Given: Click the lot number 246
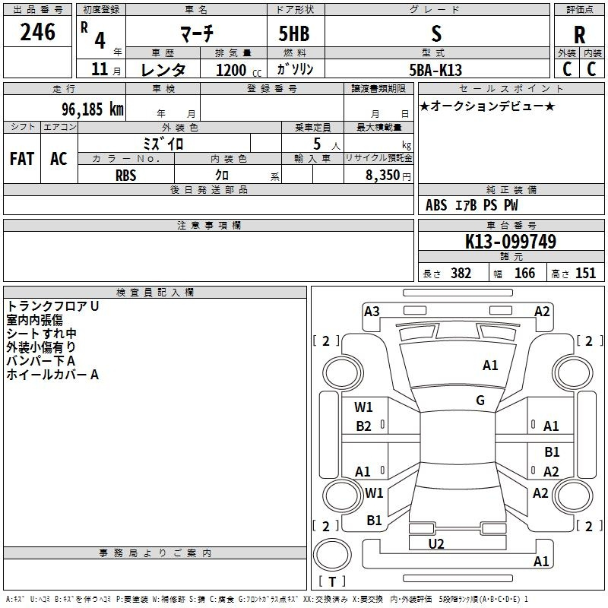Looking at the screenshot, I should click(x=38, y=33).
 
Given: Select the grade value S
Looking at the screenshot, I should click(x=435, y=33).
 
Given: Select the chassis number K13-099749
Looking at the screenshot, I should click(x=511, y=242).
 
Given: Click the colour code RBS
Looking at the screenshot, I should click(x=126, y=175).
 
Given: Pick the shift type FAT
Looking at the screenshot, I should click(x=22, y=159).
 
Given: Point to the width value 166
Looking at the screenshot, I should click(x=524, y=274).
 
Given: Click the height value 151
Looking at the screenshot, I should click(x=585, y=274).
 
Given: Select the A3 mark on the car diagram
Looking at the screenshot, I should click(x=372, y=311).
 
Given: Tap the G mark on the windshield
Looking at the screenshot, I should click(x=480, y=401).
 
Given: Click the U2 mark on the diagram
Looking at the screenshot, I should click(x=436, y=543).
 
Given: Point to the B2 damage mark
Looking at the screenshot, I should click(x=364, y=426).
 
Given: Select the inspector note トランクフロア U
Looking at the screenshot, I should click(x=52, y=306).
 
